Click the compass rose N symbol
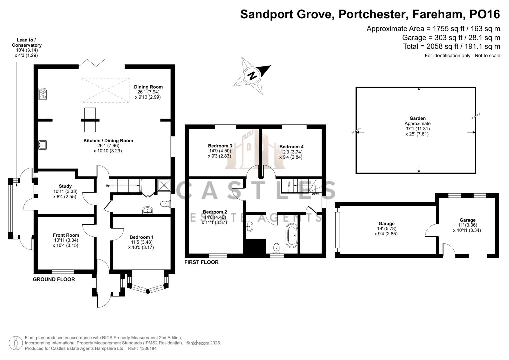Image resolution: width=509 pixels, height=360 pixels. pos(252,75)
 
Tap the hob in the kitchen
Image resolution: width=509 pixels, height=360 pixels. pos(43,94)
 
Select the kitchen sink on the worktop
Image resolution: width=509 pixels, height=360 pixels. pos(42,145)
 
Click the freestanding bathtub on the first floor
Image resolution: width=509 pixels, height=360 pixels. pos(291,235)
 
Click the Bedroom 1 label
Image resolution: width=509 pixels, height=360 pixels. pos(141,237)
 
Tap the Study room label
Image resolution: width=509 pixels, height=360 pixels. pos(65,186)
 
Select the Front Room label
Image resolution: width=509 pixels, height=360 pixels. pos(66,235)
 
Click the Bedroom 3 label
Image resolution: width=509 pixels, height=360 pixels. pos(220,146)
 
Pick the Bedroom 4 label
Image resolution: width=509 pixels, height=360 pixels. pos(291,147)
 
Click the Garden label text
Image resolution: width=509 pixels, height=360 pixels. pos(417,118)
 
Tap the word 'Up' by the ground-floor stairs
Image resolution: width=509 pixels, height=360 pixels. pos(108,186)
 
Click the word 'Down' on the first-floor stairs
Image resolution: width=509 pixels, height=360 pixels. pos(315,194)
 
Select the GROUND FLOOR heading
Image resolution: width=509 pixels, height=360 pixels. pos(54,279)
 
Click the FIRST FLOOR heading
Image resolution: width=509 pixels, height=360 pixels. pos(201,262)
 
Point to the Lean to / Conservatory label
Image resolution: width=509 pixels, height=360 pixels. pos(27,43)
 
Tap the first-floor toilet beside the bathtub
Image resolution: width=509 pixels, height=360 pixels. pos(276,247)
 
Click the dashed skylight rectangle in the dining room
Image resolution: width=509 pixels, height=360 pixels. pos(105,90)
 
